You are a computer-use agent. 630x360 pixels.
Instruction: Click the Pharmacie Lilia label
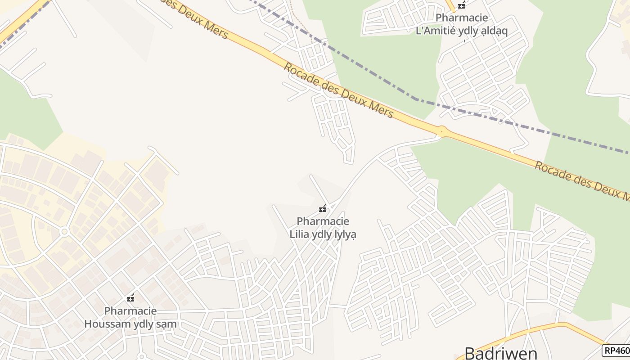point(323,228)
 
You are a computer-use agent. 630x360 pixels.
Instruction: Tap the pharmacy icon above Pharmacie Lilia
point(322,208)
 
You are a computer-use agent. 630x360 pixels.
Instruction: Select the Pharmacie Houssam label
point(130,317)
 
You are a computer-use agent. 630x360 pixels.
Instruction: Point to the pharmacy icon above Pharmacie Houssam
point(130,298)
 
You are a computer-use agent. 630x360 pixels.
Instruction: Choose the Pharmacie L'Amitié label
point(461,24)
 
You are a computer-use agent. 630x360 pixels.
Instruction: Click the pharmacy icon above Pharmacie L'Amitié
point(461,5)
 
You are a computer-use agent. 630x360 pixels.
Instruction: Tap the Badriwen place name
point(500,353)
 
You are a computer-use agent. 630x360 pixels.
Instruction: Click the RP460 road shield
point(616,351)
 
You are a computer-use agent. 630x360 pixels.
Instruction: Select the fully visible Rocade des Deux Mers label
point(338,90)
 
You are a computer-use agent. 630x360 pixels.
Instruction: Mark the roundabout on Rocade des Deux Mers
point(442,131)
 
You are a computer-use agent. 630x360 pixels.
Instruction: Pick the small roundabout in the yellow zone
point(64,232)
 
